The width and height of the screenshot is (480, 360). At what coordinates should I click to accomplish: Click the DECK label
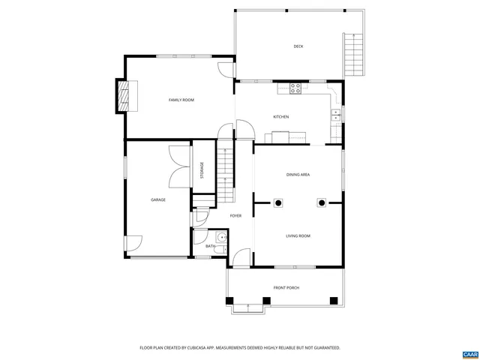tap(298, 46)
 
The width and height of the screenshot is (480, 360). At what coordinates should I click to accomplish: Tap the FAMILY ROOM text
tap(181, 100)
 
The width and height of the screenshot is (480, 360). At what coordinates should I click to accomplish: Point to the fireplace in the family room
tap(121, 96)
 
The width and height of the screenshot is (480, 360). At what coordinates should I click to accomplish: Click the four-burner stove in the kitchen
tap(295, 87)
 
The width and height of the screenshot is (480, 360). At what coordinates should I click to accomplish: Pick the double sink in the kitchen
tap(336, 115)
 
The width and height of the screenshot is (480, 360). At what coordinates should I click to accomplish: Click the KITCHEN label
tap(280, 117)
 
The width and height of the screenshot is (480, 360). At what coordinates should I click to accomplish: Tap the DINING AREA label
tap(298, 175)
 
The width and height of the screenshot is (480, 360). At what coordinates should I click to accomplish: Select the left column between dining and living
tap(277, 202)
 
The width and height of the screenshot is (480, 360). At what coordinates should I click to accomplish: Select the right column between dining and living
tap(322, 202)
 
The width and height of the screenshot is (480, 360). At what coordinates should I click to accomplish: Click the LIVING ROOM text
tap(298, 236)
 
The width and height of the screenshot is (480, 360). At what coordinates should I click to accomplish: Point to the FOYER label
tap(235, 216)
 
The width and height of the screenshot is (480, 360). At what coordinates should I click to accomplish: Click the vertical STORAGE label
tap(201, 170)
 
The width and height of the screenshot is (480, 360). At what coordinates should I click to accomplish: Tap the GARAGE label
tap(157, 200)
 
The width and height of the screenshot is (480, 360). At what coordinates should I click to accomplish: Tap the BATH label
tap(211, 246)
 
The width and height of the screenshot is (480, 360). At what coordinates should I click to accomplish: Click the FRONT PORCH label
tap(286, 287)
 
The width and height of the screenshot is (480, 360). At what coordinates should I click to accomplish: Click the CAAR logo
tap(469, 352)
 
